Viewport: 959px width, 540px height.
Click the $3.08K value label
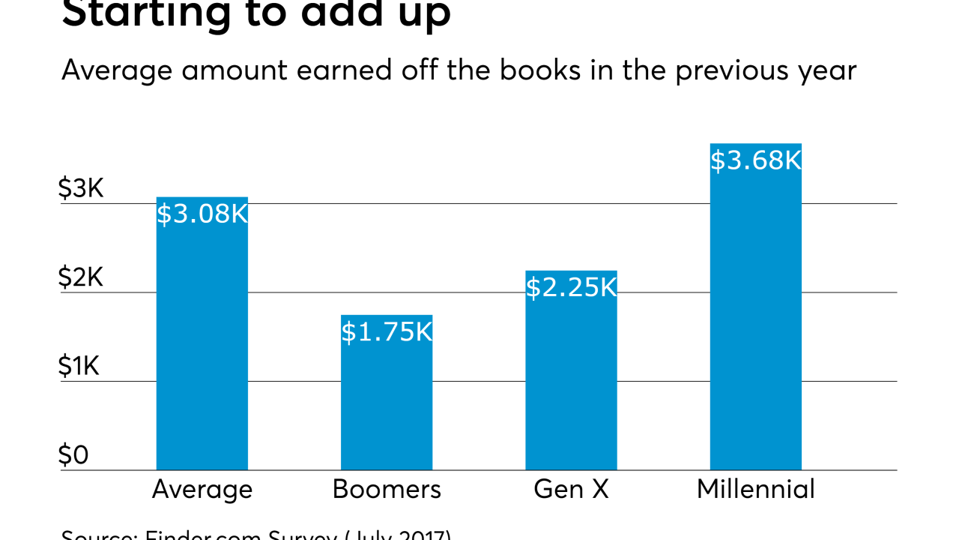202,214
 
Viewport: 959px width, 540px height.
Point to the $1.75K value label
387,331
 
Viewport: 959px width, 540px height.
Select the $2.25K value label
571,288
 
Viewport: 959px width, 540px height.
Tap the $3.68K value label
755,160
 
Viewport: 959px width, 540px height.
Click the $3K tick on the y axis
81,189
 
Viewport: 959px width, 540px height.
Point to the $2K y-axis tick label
81,278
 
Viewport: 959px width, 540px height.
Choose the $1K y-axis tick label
79,367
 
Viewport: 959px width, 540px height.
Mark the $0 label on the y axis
74,455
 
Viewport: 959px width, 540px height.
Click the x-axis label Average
202,490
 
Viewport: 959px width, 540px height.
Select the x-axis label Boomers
387,490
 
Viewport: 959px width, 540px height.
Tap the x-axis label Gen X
571,490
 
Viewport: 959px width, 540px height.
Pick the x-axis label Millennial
755,490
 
